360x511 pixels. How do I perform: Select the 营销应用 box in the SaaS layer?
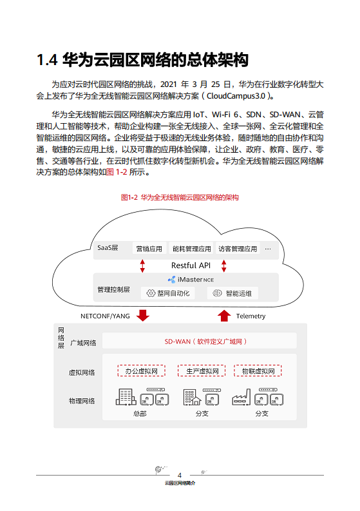point(149,249)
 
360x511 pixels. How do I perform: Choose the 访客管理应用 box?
point(237,249)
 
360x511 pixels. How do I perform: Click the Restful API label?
point(191,265)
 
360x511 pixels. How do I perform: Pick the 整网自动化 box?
point(167,293)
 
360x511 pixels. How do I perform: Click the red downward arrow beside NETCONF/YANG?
point(143,315)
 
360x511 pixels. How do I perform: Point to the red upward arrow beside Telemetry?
point(224,315)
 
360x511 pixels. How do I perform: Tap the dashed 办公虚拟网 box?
point(141,371)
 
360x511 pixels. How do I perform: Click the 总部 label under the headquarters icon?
point(140,414)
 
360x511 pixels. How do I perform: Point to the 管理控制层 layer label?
point(113,289)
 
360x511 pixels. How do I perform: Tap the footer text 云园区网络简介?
point(180,483)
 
